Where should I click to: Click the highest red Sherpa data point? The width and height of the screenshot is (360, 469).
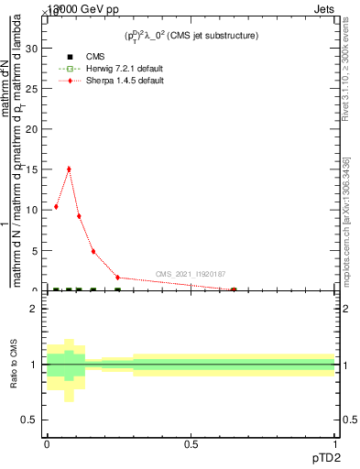tap(69, 169)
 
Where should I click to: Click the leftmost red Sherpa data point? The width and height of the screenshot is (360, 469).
tap(56, 207)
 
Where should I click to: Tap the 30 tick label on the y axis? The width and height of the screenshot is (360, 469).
tap(34, 48)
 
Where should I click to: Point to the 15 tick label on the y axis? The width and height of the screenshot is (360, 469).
tap(34, 169)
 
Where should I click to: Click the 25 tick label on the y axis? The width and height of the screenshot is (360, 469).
tap(34, 88)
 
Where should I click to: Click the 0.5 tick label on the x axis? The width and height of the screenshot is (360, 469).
tap(191, 444)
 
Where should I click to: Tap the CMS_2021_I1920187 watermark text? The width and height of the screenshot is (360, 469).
tap(191, 274)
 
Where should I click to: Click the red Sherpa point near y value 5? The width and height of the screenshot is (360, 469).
tap(93, 251)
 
